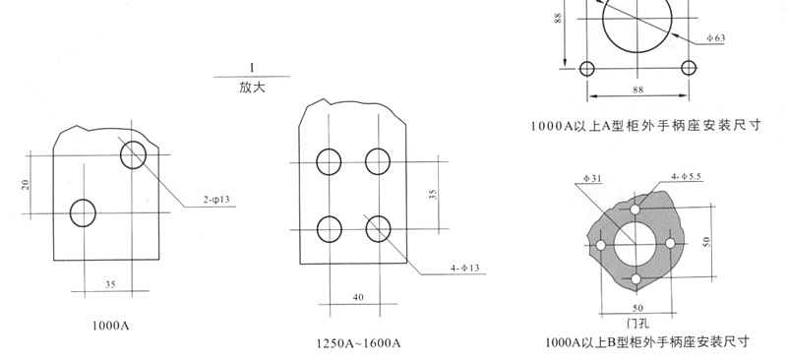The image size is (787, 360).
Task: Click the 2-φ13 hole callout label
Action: tap(216, 200)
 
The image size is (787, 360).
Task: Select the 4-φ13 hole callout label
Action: tap(464, 269)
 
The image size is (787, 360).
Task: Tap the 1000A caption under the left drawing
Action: tap(111, 326)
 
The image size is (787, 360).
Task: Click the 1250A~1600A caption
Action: tap(359, 344)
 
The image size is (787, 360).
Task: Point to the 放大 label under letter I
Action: tap(252, 88)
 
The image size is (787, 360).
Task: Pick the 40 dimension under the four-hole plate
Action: tap(358, 297)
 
